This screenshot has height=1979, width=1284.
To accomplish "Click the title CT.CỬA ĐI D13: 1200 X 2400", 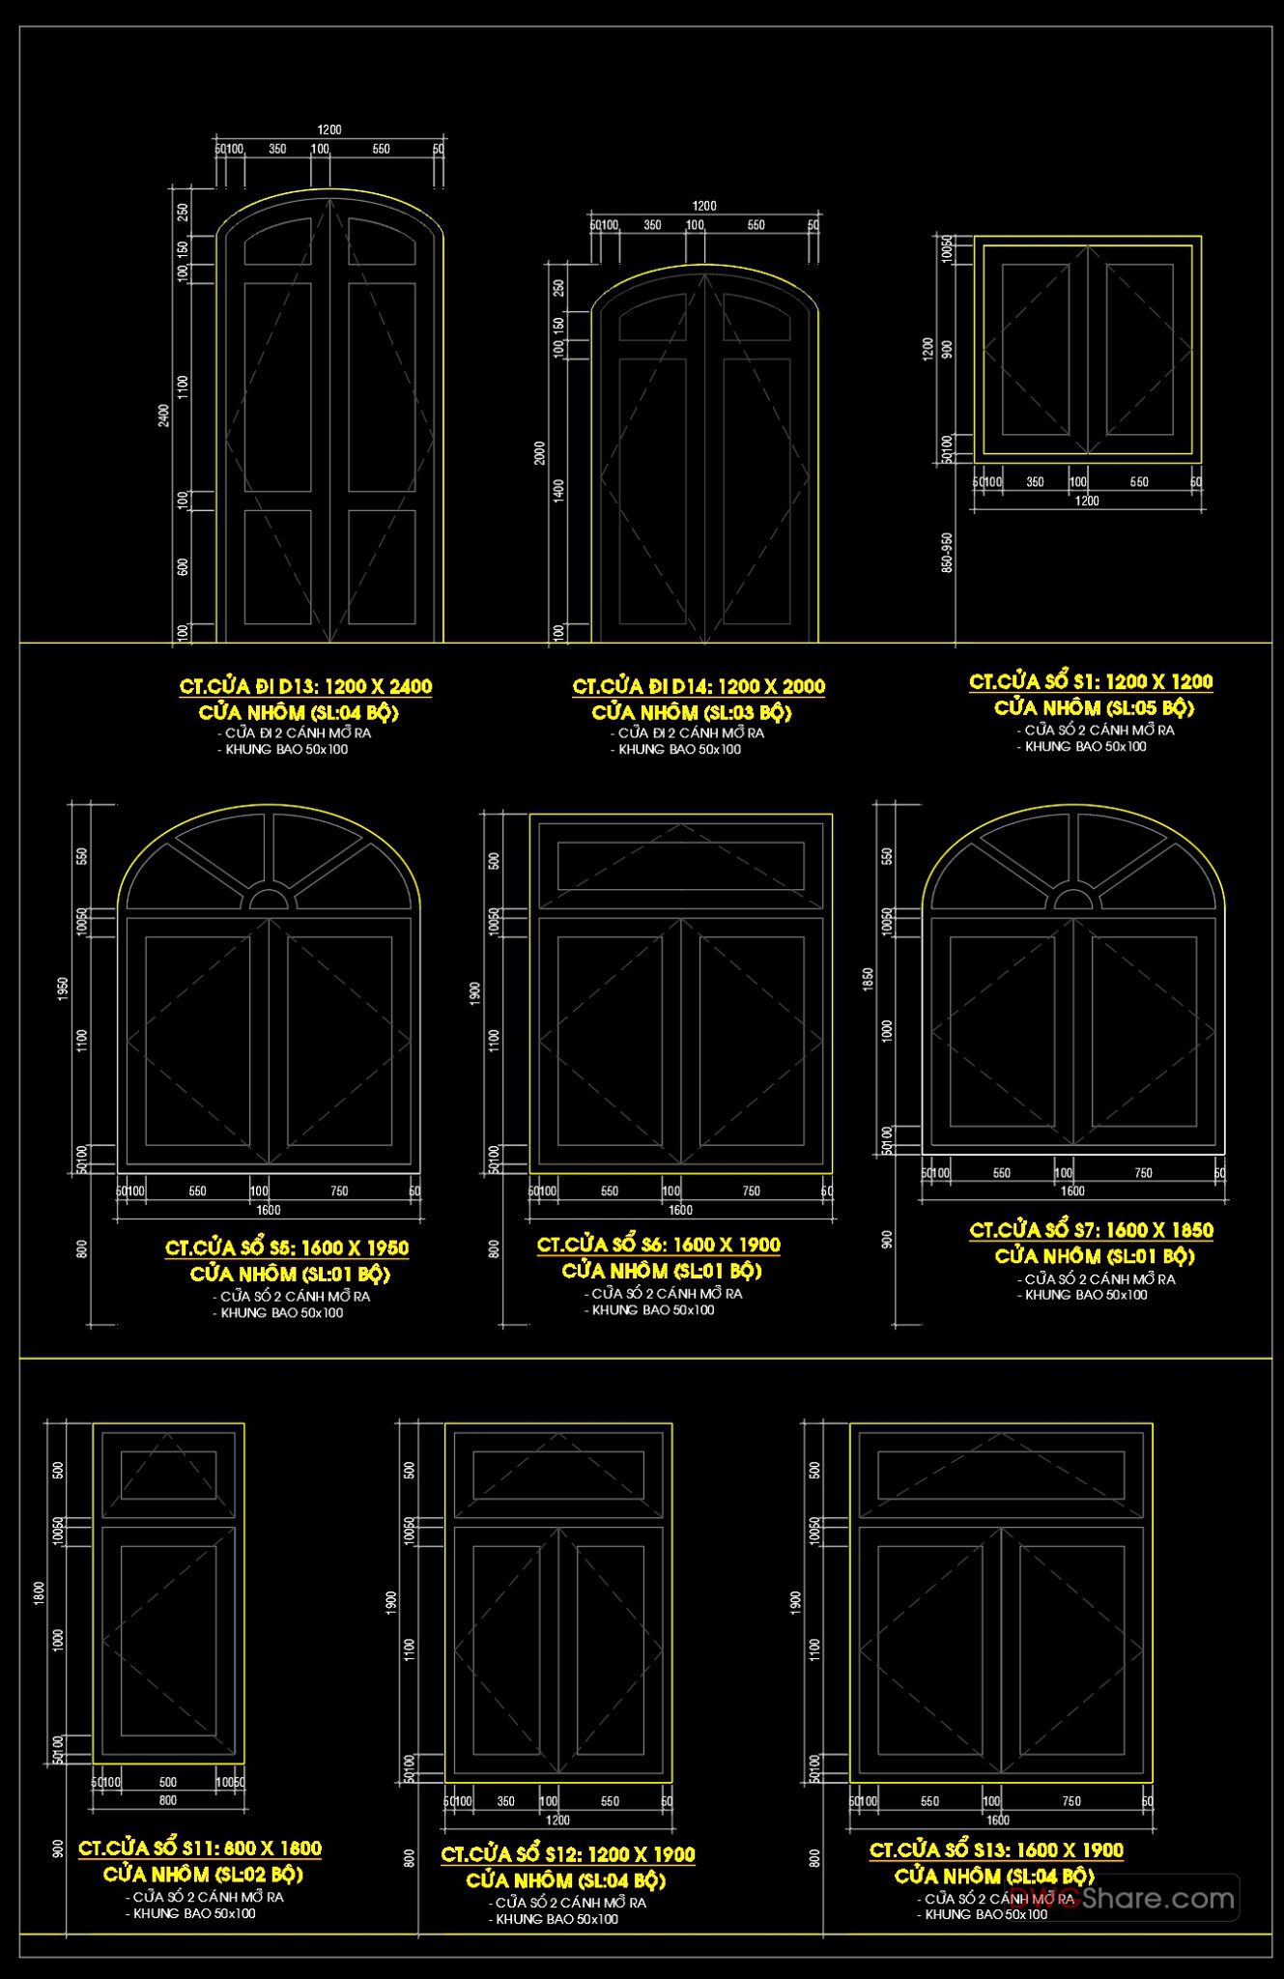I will (x=305, y=687).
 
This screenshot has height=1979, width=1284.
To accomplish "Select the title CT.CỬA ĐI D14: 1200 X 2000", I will (x=699, y=687).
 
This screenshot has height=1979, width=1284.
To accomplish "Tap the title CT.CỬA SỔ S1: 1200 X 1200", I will (x=1091, y=682).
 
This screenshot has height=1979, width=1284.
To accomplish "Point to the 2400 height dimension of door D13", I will (x=163, y=416).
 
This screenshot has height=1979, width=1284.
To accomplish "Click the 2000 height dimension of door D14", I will (x=540, y=452).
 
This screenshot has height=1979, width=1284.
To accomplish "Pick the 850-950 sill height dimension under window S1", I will (x=947, y=552).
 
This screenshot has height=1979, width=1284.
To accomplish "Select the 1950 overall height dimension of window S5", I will (x=64, y=988).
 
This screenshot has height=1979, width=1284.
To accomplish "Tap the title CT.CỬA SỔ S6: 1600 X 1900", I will (x=658, y=1246).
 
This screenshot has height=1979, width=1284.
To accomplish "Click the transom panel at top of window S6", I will (x=680, y=865).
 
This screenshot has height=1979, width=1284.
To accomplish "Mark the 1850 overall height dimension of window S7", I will (x=869, y=979).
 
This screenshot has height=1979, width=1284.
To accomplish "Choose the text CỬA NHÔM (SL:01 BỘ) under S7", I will (x=1095, y=1256).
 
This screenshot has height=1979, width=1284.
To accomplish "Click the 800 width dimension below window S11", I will (x=168, y=1800).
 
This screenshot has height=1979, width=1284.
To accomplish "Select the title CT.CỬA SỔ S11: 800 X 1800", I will (x=200, y=1849).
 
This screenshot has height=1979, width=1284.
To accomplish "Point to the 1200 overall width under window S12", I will (x=557, y=1820).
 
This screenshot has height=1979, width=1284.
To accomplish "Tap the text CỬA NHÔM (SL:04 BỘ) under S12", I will (x=566, y=1880).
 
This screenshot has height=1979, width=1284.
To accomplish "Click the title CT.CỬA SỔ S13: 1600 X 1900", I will (x=996, y=1850).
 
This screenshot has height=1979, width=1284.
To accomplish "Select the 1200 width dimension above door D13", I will (x=329, y=129).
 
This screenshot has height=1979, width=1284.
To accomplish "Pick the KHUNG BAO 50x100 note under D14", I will (x=679, y=749).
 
